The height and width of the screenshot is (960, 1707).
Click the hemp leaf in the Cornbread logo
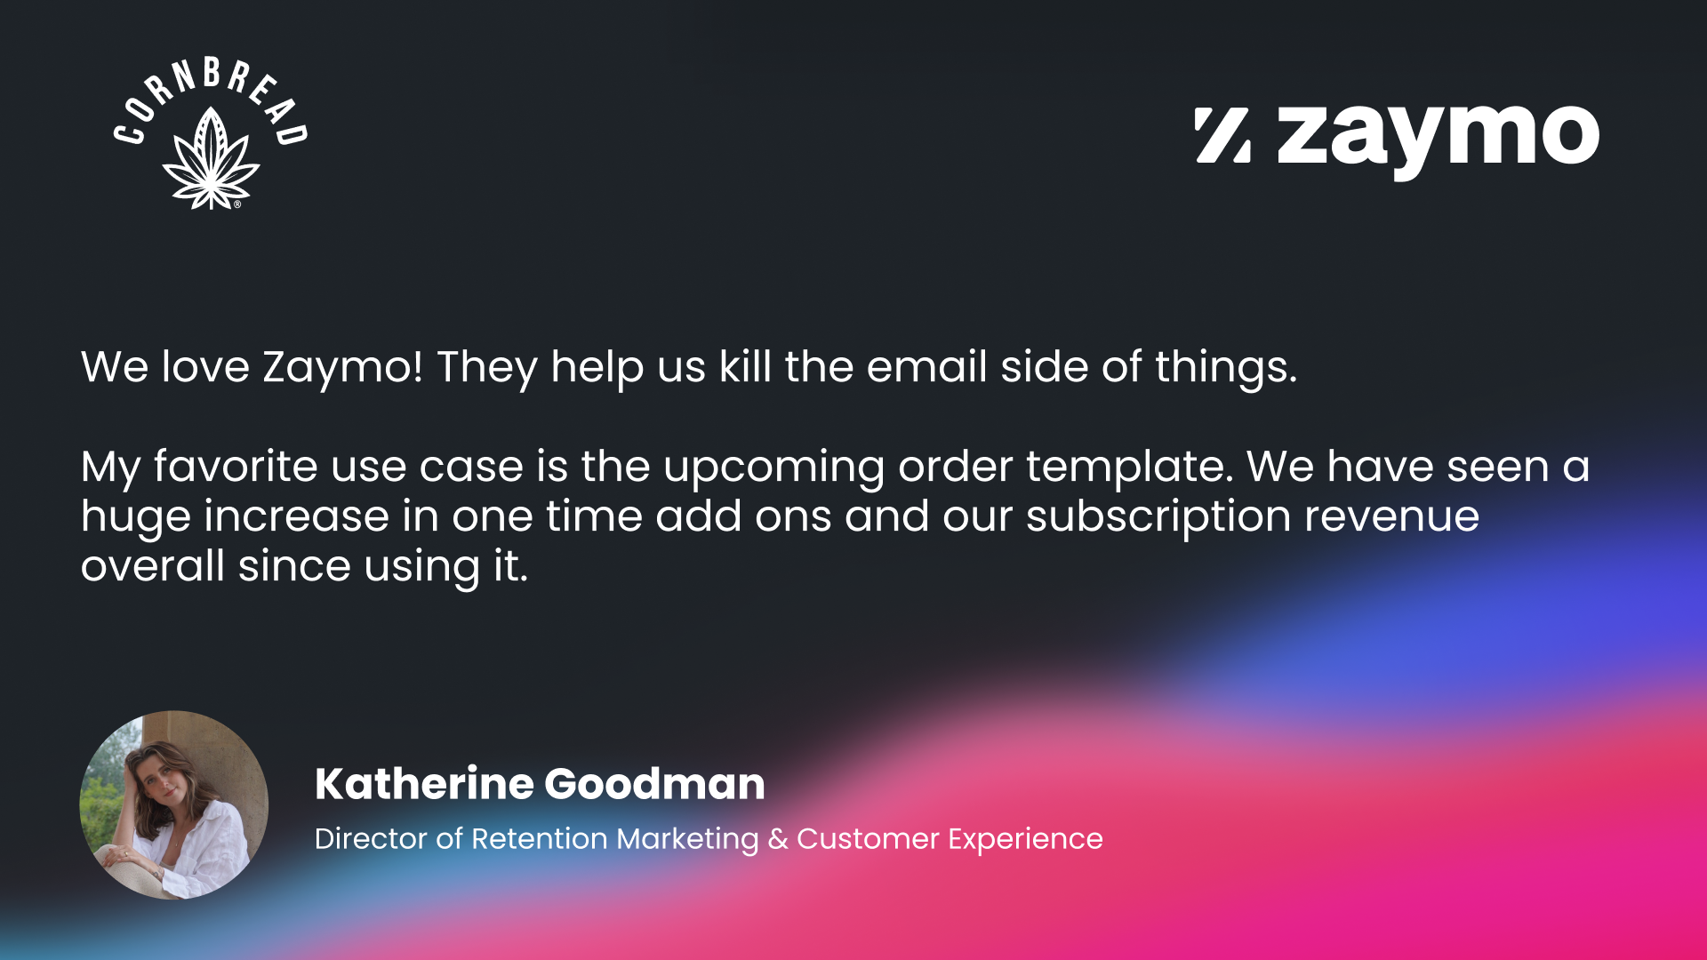pos(211,159)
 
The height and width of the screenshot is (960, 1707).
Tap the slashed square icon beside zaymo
pos(1223,135)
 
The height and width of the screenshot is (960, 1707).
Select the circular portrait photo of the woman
pos(174,804)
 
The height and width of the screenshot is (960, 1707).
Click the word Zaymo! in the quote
pos(342,368)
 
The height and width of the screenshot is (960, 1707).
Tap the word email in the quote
pos(926,366)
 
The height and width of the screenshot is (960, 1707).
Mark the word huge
pos(135,518)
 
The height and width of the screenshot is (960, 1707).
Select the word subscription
pos(1158,518)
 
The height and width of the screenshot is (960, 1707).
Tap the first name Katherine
pos(424,784)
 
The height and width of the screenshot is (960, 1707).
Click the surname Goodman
pos(654,784)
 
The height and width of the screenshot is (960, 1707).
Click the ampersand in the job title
pos(778,838)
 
